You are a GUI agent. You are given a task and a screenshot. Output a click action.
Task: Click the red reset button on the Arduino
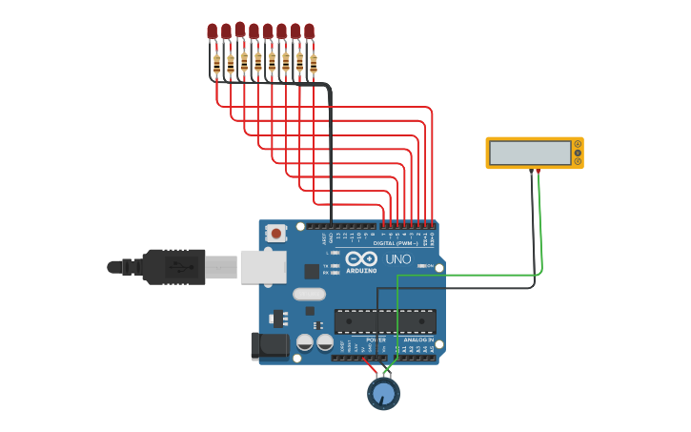click(276, 232)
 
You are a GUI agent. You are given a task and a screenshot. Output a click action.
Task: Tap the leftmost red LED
click(212, 31)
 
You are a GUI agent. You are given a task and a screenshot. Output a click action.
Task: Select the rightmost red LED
click(309, 31)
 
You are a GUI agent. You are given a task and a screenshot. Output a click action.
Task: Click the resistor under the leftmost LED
click(216, 64)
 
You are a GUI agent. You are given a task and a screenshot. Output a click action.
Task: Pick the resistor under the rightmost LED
click(314, 64)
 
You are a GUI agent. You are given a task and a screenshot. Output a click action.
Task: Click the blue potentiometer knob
click(383, 393)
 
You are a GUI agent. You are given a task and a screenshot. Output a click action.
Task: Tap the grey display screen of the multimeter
click(530, 153)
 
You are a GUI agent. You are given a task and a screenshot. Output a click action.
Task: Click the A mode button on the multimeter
click(578, 144)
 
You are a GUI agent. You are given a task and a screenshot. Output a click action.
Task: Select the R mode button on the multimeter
click(578, 161)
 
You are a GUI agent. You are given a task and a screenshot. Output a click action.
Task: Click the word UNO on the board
click(397, 259)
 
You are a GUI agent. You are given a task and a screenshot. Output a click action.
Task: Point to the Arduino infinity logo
click(362, 258)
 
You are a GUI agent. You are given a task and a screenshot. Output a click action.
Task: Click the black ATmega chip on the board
click(385, 321)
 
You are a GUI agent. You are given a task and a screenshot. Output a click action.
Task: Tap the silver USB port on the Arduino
click(262, 267)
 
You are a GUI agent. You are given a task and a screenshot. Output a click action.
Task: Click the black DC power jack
click(269, 345)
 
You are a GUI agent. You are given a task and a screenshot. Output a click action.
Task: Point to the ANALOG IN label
click(419, 339)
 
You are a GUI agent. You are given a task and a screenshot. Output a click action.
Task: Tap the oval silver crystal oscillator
click(309, 295)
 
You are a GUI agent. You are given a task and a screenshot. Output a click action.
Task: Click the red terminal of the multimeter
click(538, 171)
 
